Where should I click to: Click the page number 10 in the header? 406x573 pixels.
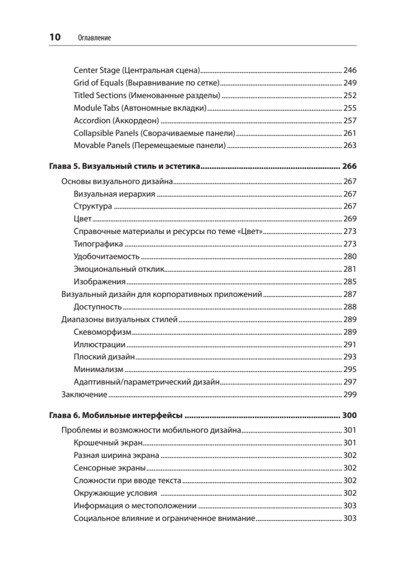pyautogui.click(x=55, y=37)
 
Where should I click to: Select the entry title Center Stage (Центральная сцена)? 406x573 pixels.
pyautogui.click(x=136, y=71)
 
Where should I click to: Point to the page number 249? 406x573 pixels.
pyautogui.click(x=350, y=83)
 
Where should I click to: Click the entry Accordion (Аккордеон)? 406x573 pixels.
pyautogui.click(x=116, y=120)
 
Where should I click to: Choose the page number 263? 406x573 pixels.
pyautogui.click(x=350, y=145)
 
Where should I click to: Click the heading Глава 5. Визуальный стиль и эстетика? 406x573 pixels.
pyautogui.click(x=124, y=167)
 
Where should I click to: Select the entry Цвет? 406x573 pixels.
pyautogui.click(x=83, y=219)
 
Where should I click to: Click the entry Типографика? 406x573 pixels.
pyautogui.click(x=99, y=244)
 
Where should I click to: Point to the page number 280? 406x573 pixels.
pyautogui.click(x=350, y=256)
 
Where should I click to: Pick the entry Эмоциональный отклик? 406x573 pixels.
pyautogui.click(x=119, y=269)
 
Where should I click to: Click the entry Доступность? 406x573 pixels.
pyautogui.click(x=98, y=307)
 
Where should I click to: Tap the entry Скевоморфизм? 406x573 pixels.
pyautogui.click(x=103, y=332)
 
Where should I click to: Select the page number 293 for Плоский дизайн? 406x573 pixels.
pyautogui.click(x=350, y=357)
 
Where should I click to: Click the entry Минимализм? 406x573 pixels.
pyautogui.click(x=99, y=369)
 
